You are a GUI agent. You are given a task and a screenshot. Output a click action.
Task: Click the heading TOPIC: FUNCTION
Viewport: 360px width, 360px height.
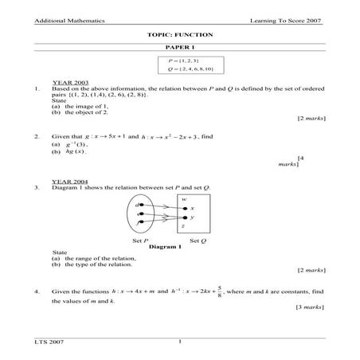(x=180, y=37)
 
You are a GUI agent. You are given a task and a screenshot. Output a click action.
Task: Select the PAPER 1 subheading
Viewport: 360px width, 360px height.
(x=179, y=49)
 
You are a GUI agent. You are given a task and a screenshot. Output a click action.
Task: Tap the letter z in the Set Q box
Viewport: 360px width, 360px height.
(x=182, y=226)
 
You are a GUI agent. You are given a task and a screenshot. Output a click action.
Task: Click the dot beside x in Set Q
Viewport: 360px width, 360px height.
(x=185, y=207)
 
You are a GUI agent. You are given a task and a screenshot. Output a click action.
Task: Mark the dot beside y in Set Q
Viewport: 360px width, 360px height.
(x=185, y=217)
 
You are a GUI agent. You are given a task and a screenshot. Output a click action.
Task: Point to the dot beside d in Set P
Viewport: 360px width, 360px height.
(x=142, y=205)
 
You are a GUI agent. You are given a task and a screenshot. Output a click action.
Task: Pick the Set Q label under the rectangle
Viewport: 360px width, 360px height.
(x=198, y=240)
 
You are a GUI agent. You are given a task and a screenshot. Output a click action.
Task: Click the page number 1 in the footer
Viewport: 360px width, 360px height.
(x=181, y=342)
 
